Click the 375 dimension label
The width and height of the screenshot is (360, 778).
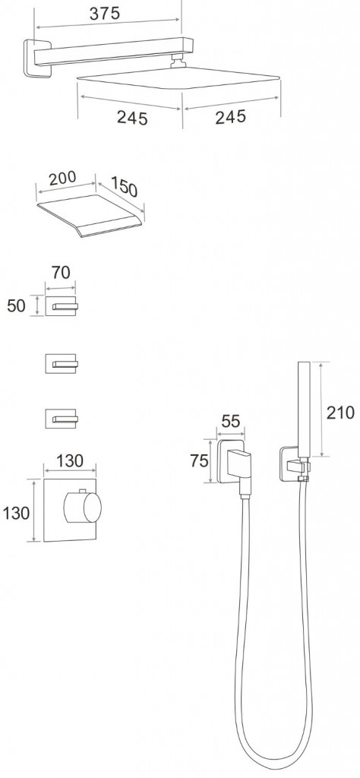click(x=104, y=14)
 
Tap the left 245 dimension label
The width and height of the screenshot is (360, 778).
click(x=132, y=118)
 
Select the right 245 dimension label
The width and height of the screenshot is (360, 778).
click(x=231, y=117)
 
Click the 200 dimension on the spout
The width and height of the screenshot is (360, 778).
click(x=63, y=178)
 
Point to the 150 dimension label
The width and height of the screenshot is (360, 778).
click(x=123, y=186)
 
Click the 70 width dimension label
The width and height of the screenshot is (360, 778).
click(x=61, y=273)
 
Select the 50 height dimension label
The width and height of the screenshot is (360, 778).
click(x=16, y=305)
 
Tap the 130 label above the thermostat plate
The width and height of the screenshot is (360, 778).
click(x=69, y=461)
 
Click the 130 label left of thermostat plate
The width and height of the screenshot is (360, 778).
click(x=16, y=513)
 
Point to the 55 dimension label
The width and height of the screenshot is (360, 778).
click(x=230, y=422)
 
